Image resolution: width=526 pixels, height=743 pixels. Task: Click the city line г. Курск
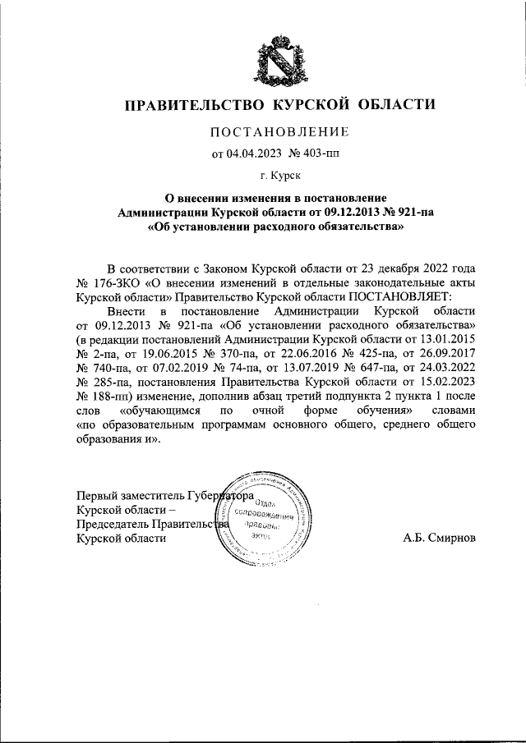point(279,175)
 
